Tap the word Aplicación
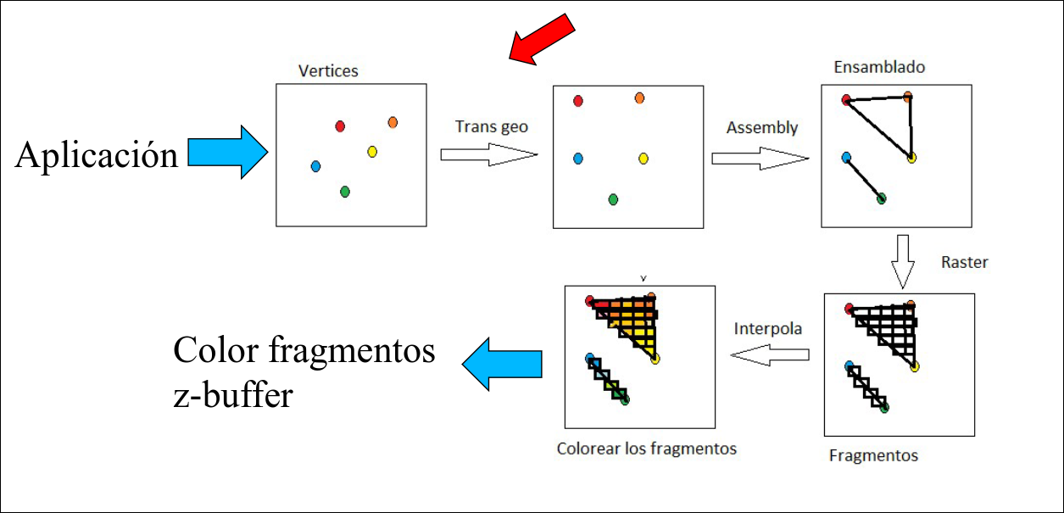coord(97,155)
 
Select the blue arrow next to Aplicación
coord(226,153)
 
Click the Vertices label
coord(328,71)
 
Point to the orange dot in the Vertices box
coord(393,122)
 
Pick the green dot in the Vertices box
coord(344,192)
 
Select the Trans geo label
coord(491,126)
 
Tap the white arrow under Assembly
coord(760,158)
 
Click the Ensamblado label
coord(879,66)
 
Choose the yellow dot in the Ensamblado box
coord(911,157)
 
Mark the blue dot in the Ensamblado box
coord(846,157)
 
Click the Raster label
coord(965,262)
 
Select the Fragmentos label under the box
coord(873,455)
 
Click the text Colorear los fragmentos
coord(646,449)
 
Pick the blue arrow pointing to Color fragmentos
coord(503,364)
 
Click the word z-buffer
coord(233,394)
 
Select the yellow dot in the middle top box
coord(643,158)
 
